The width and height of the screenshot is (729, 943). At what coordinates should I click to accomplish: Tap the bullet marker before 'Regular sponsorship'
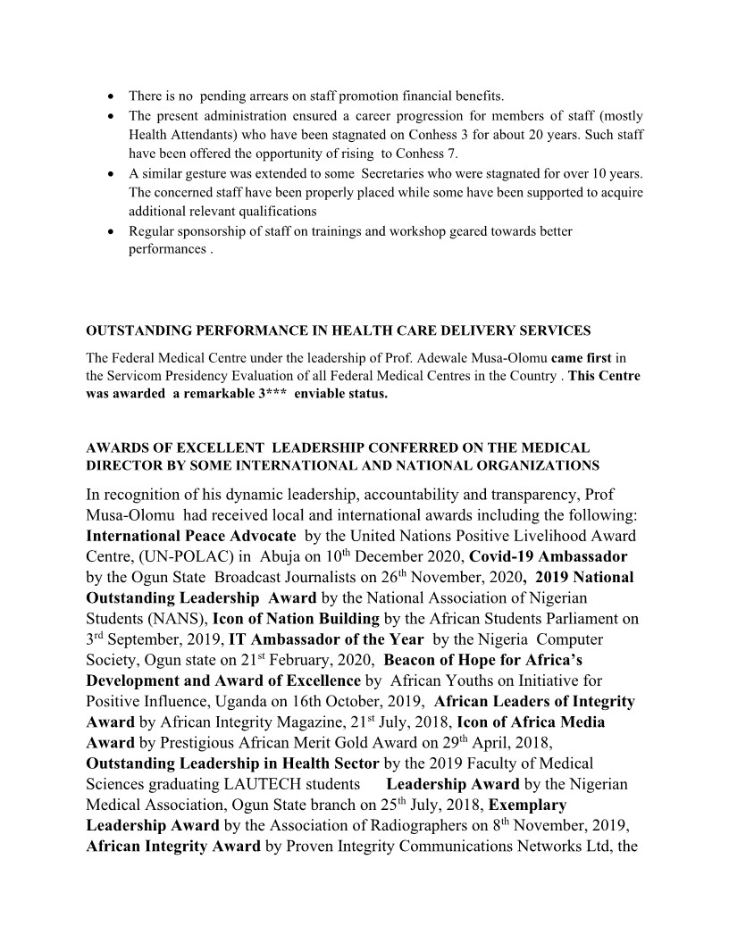[x=109, y=231]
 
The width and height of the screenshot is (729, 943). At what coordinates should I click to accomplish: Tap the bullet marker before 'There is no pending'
[x=109, y=96]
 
